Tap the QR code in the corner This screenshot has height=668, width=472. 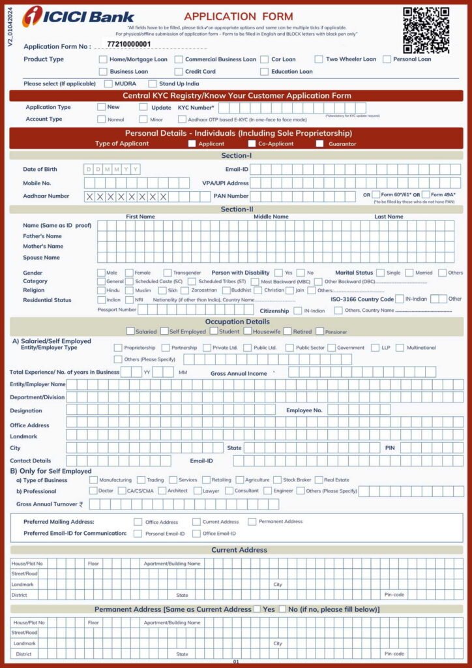tap(426, 29)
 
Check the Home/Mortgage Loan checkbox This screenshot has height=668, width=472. tap(103, 59)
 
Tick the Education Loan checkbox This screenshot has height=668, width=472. tap(265, 72)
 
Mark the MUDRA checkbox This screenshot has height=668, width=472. tap(109, 83)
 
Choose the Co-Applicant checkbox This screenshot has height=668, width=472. tap(252, 144)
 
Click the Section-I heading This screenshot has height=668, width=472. tap(236, 156)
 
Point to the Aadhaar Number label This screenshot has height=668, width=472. tap(46, 196)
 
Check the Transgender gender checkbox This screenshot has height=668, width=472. tap(168, 273)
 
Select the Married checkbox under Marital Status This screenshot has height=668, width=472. tap(409, 273)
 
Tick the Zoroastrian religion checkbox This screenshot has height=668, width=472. tap(186, 290)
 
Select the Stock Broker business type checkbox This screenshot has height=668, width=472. tap(277, 480)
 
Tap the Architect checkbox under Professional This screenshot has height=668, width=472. tap(162, 491)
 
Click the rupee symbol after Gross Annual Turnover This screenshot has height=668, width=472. tap(81, 504)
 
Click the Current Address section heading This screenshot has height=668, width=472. tap(239, 550)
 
